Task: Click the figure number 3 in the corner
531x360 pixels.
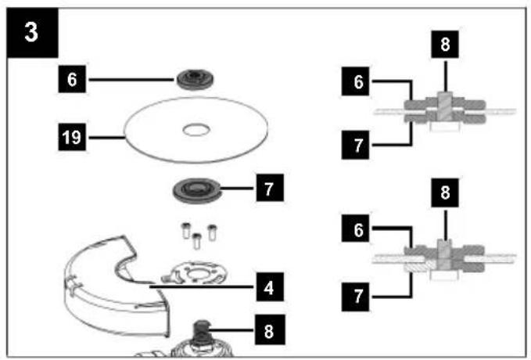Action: point(32,33)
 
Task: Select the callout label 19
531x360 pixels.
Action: point(72,137)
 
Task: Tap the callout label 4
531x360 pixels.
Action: point(270,287)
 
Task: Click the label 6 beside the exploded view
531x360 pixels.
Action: point(72,79)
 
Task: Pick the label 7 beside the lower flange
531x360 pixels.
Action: point(270,188)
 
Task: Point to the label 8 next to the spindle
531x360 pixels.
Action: point(270,329)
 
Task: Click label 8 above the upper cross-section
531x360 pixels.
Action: point(445,45)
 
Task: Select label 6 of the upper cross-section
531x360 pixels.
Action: point(356,81)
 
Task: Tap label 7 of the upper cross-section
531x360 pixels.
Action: point(356,145)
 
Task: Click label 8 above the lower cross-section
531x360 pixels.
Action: point(445,193)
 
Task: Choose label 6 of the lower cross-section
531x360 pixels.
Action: point(356,229)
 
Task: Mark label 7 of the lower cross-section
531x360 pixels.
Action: point(356,297)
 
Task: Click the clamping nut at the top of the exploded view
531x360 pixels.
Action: point(195,80)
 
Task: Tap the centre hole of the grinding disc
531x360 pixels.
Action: point(196,130)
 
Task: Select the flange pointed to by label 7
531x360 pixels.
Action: point(196,190)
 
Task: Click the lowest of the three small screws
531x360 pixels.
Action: point(197,241)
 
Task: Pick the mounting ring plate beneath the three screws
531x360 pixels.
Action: point(194,272)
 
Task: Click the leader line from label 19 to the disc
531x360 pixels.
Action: point(106,138)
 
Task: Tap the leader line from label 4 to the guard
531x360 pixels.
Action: point(203,286)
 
